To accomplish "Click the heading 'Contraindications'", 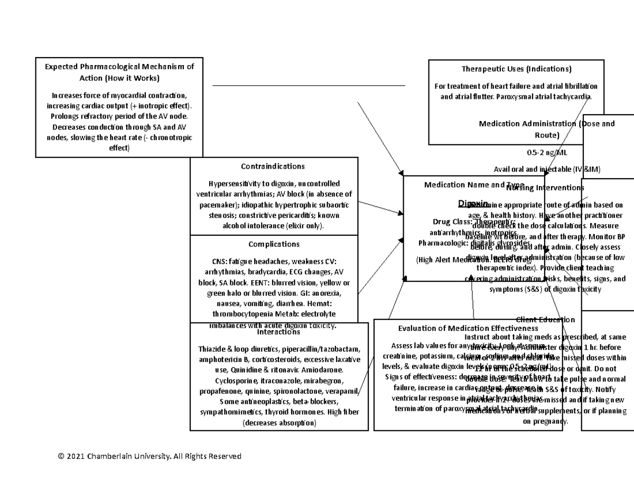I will [273, 167].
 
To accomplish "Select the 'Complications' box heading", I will [274, 244].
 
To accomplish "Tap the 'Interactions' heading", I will [278, 332].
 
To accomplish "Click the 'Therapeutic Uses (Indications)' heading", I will [516, 69].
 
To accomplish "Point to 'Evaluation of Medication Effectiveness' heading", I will [461, 328].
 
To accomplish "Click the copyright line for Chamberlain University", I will [150, 456].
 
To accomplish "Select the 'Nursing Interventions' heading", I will [545, 188].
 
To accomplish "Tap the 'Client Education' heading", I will [545, 319].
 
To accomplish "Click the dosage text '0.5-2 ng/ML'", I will [547, 153].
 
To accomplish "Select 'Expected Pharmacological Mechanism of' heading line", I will [119, 67].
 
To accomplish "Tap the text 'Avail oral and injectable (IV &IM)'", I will [547, 169].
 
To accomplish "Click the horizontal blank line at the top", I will [309, 85].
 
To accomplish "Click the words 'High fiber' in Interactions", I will [343, 412].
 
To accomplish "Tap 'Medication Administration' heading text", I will [527, 124].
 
